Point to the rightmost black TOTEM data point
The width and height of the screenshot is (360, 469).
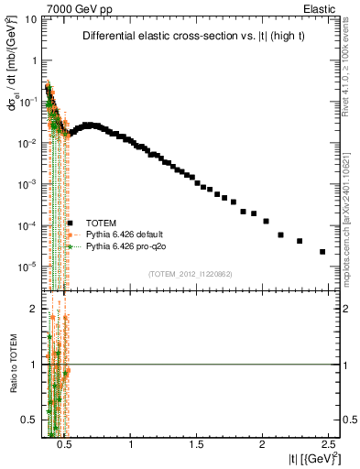coord(322,251)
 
